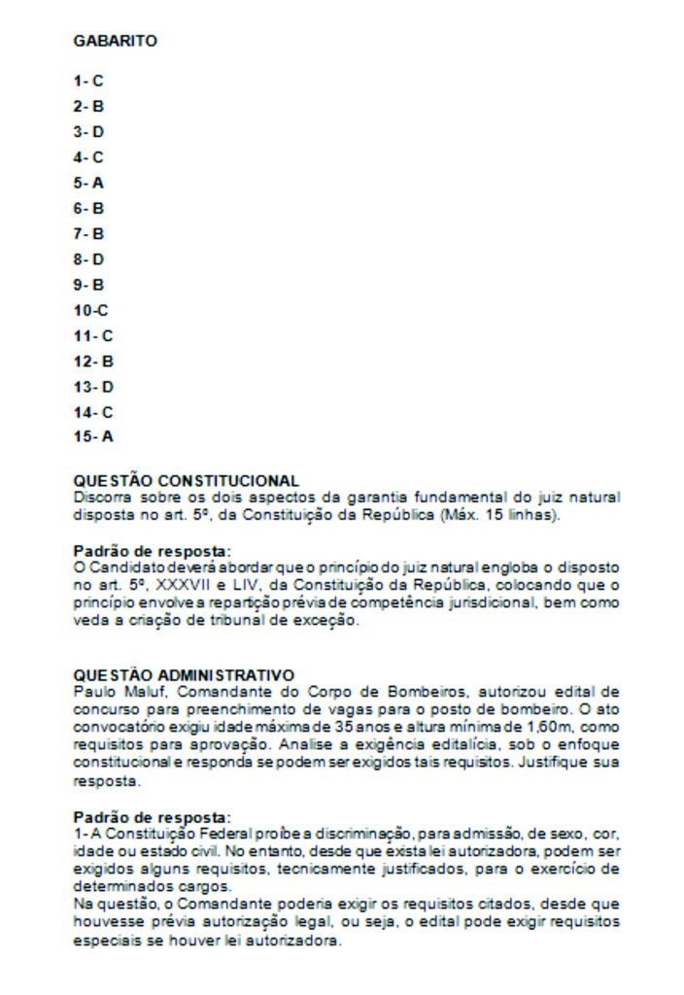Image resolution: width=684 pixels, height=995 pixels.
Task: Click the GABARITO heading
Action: [115, 42]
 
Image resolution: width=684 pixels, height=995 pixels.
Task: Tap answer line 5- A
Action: [88, 183]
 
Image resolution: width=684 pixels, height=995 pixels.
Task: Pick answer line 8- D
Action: [88, 259]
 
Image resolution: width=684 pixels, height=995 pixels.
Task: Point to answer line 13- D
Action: [93, 386]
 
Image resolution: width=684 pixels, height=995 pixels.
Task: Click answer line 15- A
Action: [93, 436]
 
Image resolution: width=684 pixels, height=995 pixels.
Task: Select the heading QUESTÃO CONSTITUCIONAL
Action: [186, 481]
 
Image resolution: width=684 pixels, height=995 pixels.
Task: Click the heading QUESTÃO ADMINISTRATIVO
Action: [184, 674]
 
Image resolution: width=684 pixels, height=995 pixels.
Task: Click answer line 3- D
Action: [88, 132]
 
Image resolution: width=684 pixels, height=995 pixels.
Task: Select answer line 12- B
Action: [93, 360]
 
